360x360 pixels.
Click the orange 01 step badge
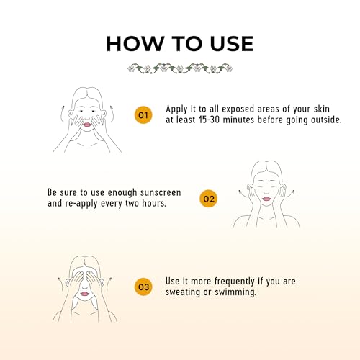pos(143,115)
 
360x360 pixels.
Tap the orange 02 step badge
pos(209,199)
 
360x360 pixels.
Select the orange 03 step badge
pos(143,287)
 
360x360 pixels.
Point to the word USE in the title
pos(232,44)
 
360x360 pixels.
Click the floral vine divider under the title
pos(180,68)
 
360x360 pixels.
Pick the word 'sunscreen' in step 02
pos(161,192)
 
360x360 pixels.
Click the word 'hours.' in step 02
pos(154,203)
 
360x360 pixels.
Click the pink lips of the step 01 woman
pos(87,125)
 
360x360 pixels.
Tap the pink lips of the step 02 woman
pos(266,199)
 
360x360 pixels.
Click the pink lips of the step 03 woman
pos(84,294)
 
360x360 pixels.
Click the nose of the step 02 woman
pos(266,192)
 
